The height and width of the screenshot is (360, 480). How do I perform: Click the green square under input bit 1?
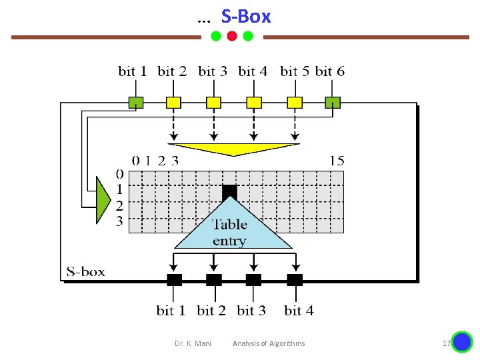pyautogui.click(x=136, y=103)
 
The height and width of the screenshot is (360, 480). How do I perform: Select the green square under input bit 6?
pyautogui.click(x=333, y=103)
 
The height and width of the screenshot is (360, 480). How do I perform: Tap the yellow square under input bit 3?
pyautogui.click(x=213, y=103)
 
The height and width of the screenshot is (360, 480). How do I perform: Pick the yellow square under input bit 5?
pyautogui.click(x=294, y=103)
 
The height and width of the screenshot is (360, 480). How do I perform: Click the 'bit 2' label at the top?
pyautogui.click(x=172, y=71)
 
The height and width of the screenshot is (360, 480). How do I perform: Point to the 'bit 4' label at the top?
pyautogui.click(x=253, y=71)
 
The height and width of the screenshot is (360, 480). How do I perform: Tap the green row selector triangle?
pyautogui.click(x=103, y=199)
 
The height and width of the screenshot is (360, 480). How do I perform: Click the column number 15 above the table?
pyautogui.click(x=337, y=160)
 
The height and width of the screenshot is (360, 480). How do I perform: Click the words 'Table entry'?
pyautogui.click(x=229, y=233)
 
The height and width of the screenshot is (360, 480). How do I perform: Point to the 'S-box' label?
pyautogui.click(x=86, y=271)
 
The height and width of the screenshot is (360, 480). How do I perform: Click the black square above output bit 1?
pyautogui.click(x=174, y=279)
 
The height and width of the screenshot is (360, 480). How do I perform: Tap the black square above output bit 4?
pyautogui.click(x=295, y=279)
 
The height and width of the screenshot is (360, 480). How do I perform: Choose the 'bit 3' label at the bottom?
pyautogui.click(x=251, y=311)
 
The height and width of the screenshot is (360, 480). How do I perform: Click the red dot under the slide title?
pyautogui.click(x=231, y=36)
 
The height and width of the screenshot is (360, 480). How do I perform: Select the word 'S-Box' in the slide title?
pyautogui.click(x=246, y=17)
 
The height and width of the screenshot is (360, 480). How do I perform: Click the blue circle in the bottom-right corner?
pyautogui.click(x=461, y=342)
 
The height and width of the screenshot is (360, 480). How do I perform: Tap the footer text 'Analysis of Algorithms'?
pyautogui.click(x=269, y=343)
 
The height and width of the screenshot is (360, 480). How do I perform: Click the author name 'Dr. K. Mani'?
pyautogui.click(x=193, y=343)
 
